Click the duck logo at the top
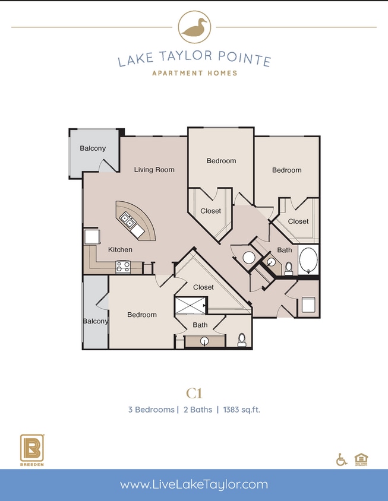click(x=194, y=27)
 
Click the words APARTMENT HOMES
click(x=194, y=73)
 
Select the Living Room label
click(x=154, y=170)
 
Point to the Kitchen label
click(x=120, y=250)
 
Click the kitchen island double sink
click(x=129, y=221)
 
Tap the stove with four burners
click(x=123, y=267)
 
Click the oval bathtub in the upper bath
click(x=308, y=260)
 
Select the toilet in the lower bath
click(x=242, y=339)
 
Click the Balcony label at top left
click(x=93, y=148)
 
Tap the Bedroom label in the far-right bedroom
click(x=286, y=170)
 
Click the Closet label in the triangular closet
click(x=203, y=287)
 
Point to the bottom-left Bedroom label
click(x=142, y=315)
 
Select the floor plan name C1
click(x=194, y=392)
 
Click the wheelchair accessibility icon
click(x=342, y=459)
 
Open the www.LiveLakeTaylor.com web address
click(x=194, y=485)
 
